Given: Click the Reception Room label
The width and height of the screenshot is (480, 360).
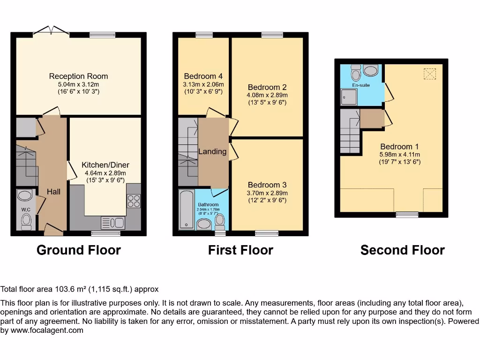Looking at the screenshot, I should (78, 76).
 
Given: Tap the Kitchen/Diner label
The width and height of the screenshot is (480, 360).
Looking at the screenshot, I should (105, 165).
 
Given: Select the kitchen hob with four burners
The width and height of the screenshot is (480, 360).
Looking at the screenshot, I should (133, 201).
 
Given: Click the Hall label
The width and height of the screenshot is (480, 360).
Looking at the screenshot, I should (53, 192).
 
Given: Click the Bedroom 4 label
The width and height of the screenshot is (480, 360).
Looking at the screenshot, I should (203, 76).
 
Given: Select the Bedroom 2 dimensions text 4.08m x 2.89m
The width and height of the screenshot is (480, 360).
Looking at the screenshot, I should (267, 95).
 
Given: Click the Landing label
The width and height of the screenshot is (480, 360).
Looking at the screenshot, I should (212, 151).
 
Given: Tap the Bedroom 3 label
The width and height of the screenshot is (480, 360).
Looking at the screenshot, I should (267, 185).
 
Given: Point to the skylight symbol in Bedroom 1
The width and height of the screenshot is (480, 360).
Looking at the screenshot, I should (430, 74).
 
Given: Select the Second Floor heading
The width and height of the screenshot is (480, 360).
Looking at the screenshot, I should (402, 250).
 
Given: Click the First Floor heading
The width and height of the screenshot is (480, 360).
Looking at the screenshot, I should (240, 250).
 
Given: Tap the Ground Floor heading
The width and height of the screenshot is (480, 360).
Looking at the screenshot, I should (78, 250).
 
